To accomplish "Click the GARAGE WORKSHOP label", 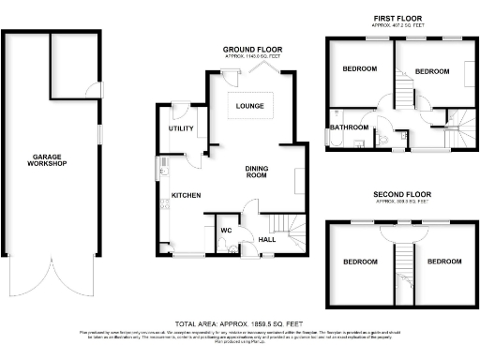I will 47,160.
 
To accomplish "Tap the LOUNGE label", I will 249,106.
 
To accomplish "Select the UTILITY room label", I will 180,127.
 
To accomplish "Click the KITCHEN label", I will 186,195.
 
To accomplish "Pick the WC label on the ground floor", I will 226,230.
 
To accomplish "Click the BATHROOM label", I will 348,127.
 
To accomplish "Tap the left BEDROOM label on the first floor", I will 359,69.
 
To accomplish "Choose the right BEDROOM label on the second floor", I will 444,262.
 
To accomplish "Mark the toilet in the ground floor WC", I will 222,247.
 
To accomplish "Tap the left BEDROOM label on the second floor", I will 359,262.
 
